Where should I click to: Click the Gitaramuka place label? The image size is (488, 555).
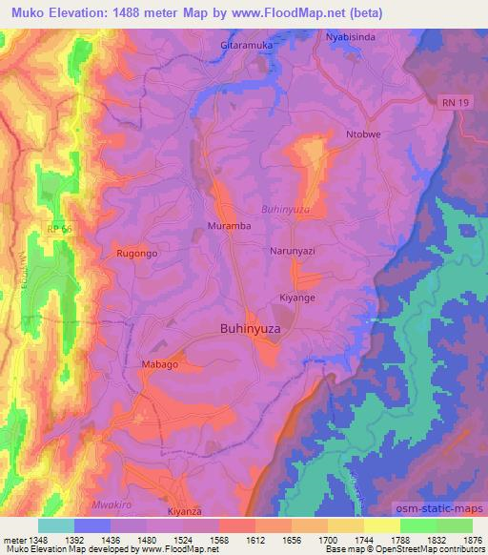[x=247, y=44]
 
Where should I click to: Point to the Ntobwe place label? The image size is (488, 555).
[x=363, y=134]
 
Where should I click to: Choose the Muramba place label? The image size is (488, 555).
[x=228, y=227]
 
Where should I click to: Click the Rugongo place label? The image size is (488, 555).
[x=136, y=255]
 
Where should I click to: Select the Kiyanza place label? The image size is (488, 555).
[x=187, y=512]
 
